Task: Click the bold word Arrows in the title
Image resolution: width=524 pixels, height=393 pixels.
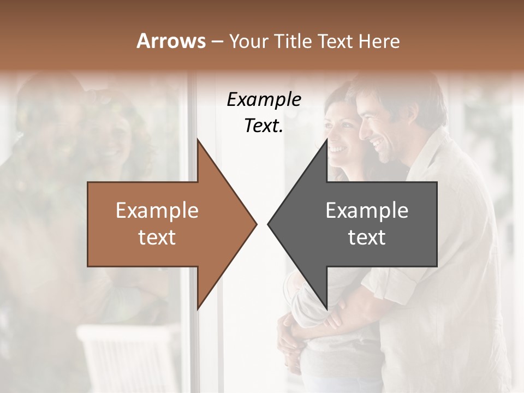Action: point(171,41)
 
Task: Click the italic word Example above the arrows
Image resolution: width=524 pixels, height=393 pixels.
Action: point(264,100)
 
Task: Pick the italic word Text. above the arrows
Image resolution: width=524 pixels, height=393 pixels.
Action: point(264,126)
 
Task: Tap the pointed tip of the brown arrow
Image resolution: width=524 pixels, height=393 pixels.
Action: point(255,224)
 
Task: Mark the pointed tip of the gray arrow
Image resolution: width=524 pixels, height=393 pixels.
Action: point(270,224)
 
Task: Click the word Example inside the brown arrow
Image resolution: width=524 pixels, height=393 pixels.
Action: point(157,211)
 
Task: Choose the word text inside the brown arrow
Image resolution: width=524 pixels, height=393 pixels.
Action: point(157,237)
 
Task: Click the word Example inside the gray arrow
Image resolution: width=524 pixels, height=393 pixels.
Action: point(367,211)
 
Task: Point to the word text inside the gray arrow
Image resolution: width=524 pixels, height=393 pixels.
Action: point(367,237)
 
